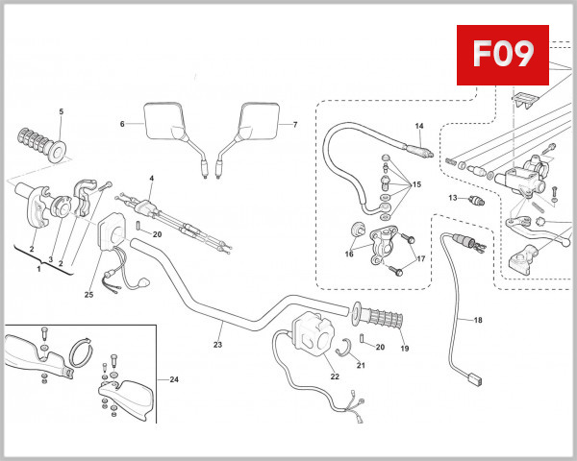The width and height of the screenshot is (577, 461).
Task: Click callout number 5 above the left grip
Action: coord(61,112)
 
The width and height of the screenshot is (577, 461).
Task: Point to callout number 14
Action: coord(419,127)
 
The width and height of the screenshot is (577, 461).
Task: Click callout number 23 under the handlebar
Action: coord(217,345)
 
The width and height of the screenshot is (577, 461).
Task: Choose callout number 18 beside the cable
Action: coord(478,320)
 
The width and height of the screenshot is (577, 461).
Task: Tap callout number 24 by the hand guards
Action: coord(174,380)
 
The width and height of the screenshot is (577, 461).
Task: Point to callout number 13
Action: coord(451,198)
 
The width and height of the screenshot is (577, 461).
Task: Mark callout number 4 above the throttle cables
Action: coord(151,180)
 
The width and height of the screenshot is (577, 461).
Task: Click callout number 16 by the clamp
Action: coord(348,255)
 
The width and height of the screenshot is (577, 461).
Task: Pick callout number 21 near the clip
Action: coord(361,365)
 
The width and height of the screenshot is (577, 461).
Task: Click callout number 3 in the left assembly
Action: coord(50,260)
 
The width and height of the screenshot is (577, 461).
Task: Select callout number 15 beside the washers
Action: coord(415,183)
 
